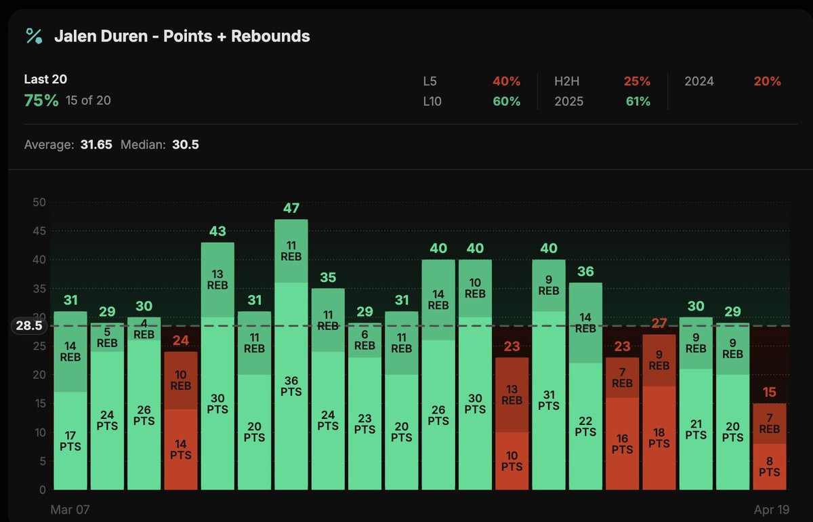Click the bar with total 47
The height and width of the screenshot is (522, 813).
tap(291, 353)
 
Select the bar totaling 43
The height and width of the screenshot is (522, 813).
tap(217, 366)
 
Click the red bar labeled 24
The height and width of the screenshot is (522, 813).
tap(181, 420)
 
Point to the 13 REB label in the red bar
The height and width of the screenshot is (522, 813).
tap(512, 394)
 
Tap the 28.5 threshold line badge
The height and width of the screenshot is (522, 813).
tap(30, 325)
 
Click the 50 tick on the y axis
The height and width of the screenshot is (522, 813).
tap(39, 203)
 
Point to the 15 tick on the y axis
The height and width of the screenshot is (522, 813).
tap(39, 403)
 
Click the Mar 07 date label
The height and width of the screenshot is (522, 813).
tap(70, 509)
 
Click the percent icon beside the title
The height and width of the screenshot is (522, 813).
tap(35, 37)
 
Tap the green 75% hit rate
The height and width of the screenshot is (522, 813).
tap(41, 100)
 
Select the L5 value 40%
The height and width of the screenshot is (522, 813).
tap(506, 81)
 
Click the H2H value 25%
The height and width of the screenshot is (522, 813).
tap(636, 81)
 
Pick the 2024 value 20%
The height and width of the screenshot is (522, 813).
tap(767, 81)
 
